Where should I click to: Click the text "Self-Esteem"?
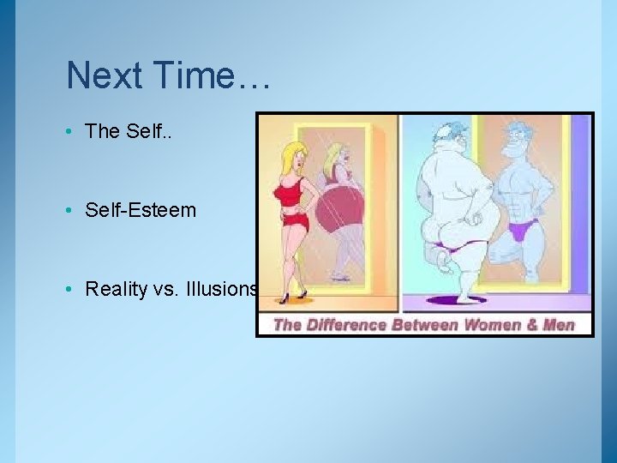(141, 210)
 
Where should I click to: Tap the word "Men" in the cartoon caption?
(556, 325)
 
